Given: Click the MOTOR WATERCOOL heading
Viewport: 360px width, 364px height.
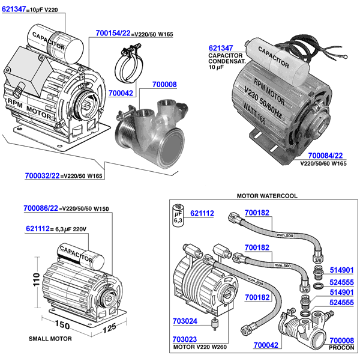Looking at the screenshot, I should (x=267, y=196).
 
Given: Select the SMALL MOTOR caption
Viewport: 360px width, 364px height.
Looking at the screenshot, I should (x=50, y=339).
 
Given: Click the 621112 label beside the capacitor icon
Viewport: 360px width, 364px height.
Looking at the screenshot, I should (x=202, y=213).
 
